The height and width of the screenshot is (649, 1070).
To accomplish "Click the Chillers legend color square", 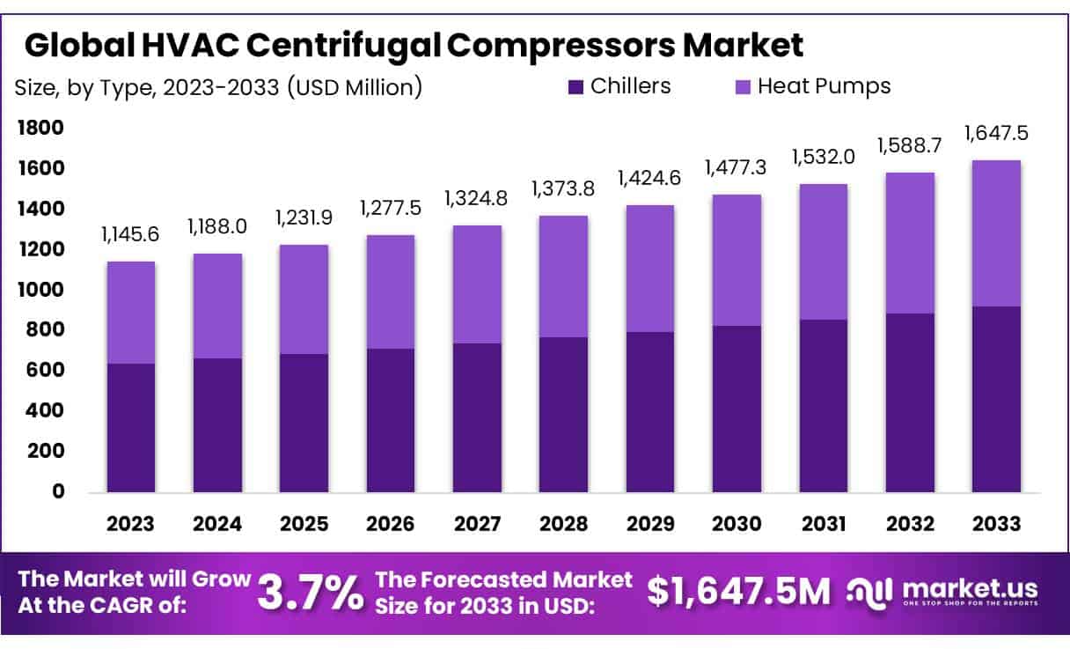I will (x=575, y=87).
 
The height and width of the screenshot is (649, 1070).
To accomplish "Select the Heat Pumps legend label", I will (x=824, y=86).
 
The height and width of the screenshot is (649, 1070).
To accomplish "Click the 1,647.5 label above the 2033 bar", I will (x=996, y=134).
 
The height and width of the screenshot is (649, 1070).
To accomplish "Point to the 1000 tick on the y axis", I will (x=40, y=290).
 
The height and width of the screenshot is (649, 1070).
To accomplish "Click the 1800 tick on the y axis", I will (x=40, y=129).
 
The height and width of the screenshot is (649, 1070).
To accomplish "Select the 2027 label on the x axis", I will (x=477, y=523).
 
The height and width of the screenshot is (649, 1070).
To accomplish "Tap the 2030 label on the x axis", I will (x=737, y=523).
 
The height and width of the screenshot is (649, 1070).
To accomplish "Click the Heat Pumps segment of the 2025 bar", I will (x=304, y=299).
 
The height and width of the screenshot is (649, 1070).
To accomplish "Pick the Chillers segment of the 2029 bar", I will (x=650, y=412).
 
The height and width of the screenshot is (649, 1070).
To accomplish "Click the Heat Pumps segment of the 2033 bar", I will (x=996, y=233).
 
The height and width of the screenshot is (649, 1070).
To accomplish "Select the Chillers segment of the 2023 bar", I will (x=131, y=428).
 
